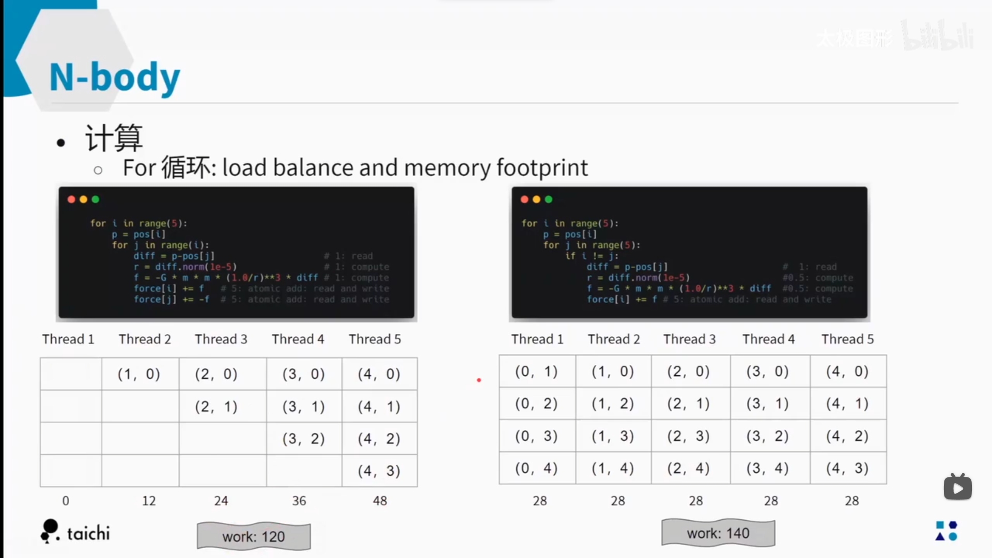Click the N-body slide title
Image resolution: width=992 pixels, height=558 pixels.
[114, 78]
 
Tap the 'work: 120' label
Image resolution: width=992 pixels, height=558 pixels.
[253, 537]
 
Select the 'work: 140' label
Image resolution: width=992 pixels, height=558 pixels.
[718, 533]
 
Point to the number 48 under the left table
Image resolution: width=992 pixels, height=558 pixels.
[380, 501]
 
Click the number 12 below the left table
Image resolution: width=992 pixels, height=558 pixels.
[149, 501]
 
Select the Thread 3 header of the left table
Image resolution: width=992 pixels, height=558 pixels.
[221, 339]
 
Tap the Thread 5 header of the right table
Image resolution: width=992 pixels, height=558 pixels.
[847, 339]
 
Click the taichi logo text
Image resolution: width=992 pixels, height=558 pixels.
[88, 533]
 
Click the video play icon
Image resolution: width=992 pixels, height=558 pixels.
[957, 488]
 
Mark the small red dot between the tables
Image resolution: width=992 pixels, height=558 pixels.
[479, 380]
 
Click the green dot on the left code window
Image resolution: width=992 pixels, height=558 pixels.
[95, 199]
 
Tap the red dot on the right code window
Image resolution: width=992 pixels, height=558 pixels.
[524, 199]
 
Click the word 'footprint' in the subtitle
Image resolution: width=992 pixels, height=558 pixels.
[542, 168]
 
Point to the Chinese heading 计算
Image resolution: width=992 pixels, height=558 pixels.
[114, 138]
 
